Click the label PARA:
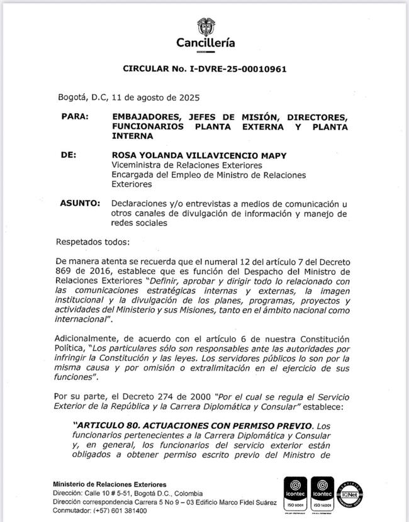point(75,116)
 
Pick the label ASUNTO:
point(80,204)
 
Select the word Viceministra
point(138,165)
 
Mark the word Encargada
point(134,175)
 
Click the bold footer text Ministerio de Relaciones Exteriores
point(110,484)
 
